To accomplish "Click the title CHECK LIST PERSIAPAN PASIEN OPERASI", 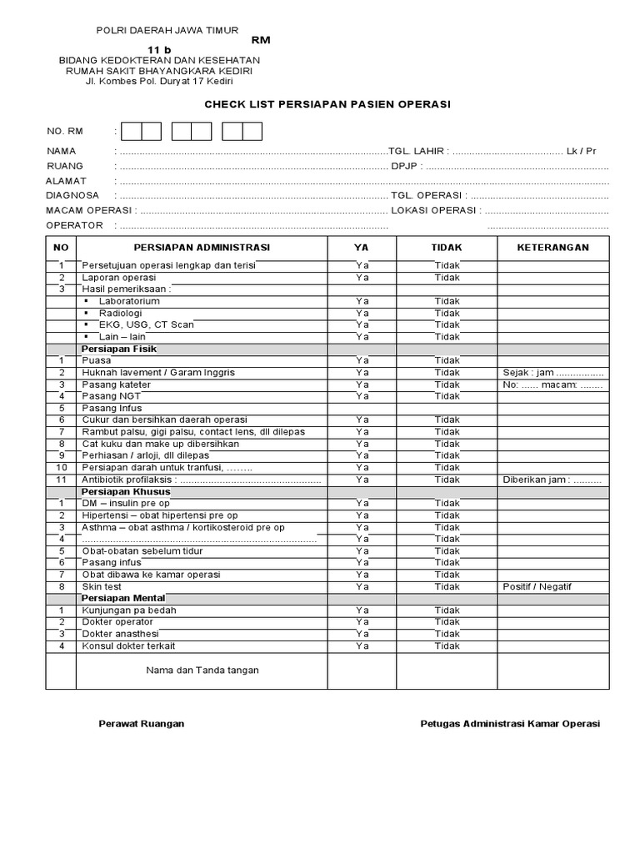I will [x=327, y=104].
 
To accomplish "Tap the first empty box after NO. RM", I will [x=131, y=132].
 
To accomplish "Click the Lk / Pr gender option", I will [x=581, y=151].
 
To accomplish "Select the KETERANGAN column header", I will [x=552, y=248].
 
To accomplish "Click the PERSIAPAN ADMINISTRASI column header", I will [x=202, y=248].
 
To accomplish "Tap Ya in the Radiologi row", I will [x=362, y=313].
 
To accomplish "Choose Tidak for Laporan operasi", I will [x=447, y=277].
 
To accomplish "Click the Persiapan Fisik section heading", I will [x=119, y=349].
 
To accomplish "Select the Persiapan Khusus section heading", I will [x=122, y=492].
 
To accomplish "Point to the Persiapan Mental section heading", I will [x=123, y=598].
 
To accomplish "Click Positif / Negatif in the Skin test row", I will [x=537, y=586].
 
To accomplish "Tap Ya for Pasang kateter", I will [x=362, y=384].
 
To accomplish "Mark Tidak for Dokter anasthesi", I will [x=447, y=634].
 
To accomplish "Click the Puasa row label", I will [x=97, y=360].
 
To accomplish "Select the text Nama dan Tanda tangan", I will [x=202, y=670].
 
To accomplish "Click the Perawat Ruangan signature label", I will [x=142, y=724].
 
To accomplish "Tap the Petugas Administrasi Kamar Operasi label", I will [x=510, y=724].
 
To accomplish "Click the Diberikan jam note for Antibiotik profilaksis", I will [x=552, y=480].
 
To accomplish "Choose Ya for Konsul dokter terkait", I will [x=362, y=646].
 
